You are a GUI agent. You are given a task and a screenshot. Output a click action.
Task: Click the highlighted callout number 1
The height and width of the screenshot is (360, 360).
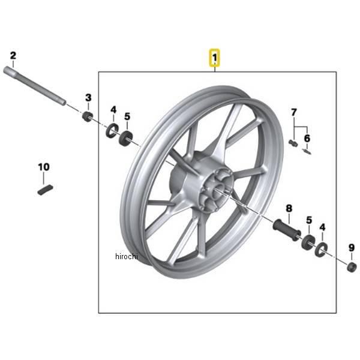tap(214, 58)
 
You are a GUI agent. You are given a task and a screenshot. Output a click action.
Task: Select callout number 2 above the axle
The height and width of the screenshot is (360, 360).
tap(13, 56)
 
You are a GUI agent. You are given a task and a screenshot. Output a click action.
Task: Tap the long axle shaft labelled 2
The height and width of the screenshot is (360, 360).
tap(35, 86)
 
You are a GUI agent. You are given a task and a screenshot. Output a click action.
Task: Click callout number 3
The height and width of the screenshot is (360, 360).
tap(88, 98)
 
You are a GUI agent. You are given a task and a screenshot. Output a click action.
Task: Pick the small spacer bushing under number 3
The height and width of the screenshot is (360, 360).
tap(88, 117)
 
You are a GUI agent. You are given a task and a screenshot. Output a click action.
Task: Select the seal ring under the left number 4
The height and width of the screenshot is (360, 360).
tap(112, 130)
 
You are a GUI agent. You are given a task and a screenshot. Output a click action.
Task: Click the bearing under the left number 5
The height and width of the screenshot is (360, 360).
tap(125, 138)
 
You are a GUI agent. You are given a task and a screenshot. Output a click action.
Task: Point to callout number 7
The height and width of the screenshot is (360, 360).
tap(294, 113)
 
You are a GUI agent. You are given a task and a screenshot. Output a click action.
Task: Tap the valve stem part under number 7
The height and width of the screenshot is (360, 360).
tap(293, 143)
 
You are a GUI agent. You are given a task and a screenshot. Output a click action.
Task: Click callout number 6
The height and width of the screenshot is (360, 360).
tap(307, 138)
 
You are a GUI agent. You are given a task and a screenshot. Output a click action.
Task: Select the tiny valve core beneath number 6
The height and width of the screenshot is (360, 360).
tap(307, 152)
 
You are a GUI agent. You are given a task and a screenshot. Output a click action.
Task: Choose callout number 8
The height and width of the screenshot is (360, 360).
tap(289, 208)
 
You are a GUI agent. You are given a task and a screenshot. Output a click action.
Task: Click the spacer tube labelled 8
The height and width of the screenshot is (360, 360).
tap(287, 230)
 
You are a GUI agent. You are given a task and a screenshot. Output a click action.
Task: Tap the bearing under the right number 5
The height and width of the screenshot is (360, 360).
tap(308, 242)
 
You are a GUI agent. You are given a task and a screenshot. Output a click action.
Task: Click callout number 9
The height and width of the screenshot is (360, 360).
tap(352, 248)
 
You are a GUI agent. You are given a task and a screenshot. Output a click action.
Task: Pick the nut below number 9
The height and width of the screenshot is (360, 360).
tap(352, 267)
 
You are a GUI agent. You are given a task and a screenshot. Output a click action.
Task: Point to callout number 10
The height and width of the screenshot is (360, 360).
tap(44, 167)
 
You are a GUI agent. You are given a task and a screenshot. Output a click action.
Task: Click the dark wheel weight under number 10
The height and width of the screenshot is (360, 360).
tap(45, 190)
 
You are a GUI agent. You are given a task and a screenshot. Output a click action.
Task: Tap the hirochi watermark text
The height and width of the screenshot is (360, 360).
tap(127, 256)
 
